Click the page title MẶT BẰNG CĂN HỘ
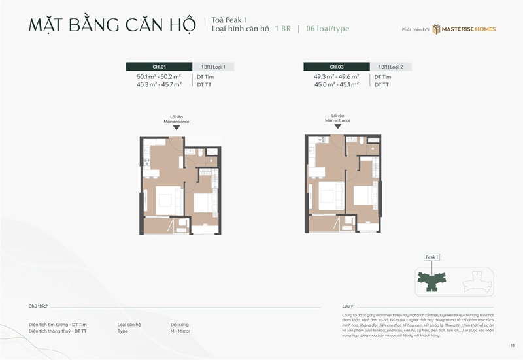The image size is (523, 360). point(112,25)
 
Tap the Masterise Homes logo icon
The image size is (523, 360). point(436,29)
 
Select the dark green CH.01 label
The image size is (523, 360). point(159,67)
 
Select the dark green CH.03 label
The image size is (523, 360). point(336,67)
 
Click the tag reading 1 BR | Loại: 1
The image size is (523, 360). point(213,67)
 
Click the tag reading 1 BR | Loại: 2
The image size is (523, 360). point(391,67)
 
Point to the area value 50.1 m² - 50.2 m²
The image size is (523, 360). point(159,77)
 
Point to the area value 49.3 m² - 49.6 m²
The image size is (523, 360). point(336,77)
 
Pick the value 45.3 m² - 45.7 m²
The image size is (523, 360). point(159,85)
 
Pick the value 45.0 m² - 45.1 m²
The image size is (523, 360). point(336,85)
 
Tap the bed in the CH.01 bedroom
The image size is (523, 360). point(205,202)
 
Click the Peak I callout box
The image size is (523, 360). point(431,257)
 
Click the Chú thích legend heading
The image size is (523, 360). point(39,306)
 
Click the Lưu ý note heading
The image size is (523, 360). point(347,306)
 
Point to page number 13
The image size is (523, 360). point(513,345)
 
